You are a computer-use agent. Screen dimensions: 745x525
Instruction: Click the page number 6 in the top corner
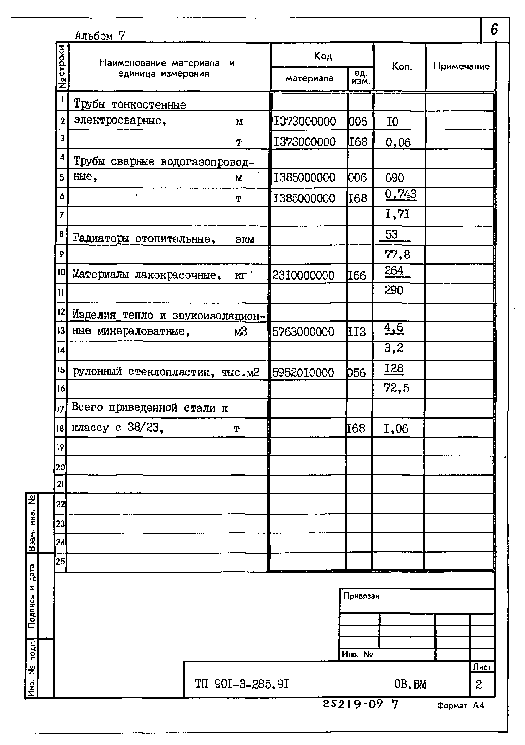click(x=494, y=30)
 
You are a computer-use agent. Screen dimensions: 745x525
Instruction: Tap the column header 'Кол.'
click(x=401, y=67)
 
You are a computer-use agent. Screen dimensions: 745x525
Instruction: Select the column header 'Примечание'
click(x=461, y=67)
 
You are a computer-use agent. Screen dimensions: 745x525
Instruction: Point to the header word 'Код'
click(x=323, y=56)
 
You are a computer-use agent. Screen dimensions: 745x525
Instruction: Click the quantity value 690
click(x=394, y=178)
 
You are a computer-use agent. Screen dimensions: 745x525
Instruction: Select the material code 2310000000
click(x=303, y=275)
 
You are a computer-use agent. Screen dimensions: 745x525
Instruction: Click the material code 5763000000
click(x=303, y=332)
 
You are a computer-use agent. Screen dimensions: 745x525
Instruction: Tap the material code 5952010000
click(x=303, y=373)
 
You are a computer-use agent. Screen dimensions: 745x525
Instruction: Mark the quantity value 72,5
click(x=396, y=388)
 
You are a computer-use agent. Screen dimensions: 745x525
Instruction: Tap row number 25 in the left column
click(x=60, y=561)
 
